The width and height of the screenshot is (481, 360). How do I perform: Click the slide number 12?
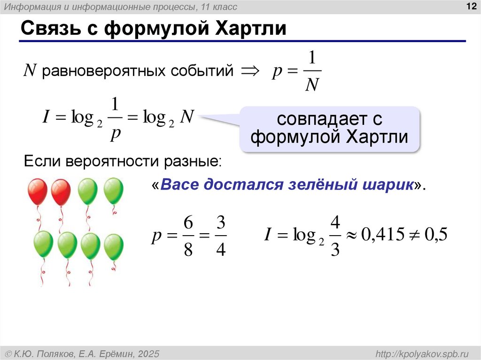[x=471, y=6]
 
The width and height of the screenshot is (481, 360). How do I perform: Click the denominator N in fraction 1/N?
[x=312, y=85]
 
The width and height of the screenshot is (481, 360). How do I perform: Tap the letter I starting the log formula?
[x=46, y=117]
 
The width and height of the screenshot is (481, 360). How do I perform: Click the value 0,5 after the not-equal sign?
[x=435, y=235]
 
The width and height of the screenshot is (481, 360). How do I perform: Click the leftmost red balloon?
[x=38, y=191]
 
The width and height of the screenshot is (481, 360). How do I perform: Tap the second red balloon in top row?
[x=61, y=191]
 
